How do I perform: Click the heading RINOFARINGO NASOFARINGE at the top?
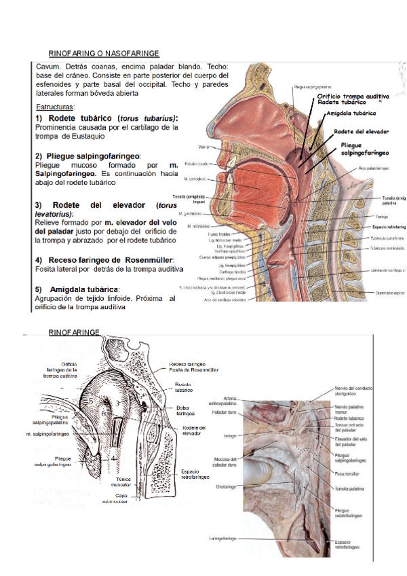(x=104, y=53)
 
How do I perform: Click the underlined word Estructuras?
(x=55, y=107)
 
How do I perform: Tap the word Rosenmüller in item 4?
(x=149, y=260)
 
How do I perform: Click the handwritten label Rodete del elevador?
(x=364, y=131)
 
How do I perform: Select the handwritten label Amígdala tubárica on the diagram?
(x=351, y=113)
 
